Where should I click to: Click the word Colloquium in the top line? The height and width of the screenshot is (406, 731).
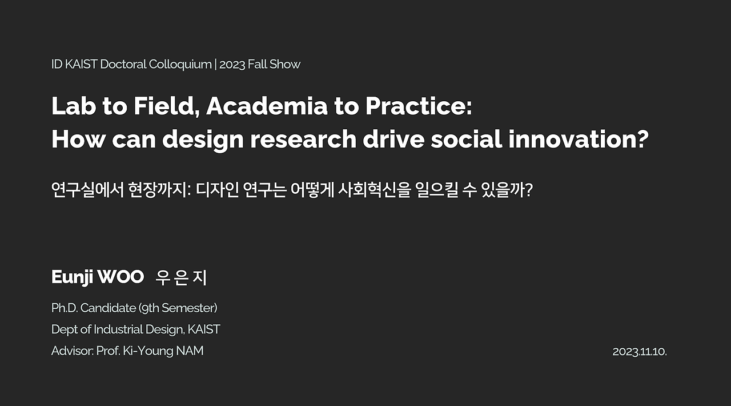pos(180,65)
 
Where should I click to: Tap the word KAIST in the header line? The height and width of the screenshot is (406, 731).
pos(81,64)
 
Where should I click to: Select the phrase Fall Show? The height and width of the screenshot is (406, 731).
pos(274,64)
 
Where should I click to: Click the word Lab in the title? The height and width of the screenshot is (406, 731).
pos(74,106)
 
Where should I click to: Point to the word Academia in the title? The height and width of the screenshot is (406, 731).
pos(267,106)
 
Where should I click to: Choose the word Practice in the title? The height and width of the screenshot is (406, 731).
pos(416,106)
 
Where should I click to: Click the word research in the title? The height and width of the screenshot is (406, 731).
pos(303,139)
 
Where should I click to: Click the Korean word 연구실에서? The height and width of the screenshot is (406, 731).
pos(87,190)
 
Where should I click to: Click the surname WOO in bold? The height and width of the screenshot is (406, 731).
pos(121,277)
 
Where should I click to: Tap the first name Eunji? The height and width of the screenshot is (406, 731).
pos(73,277)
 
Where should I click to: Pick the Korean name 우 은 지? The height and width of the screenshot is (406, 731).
pos(181,277)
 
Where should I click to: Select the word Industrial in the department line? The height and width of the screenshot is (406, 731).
pos(118,329)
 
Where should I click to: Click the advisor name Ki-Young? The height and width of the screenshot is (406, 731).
pos(148,351)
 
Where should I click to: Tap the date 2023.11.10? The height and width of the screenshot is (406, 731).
pos(640,352)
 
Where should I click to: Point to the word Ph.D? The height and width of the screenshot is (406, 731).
pos(65,308)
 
